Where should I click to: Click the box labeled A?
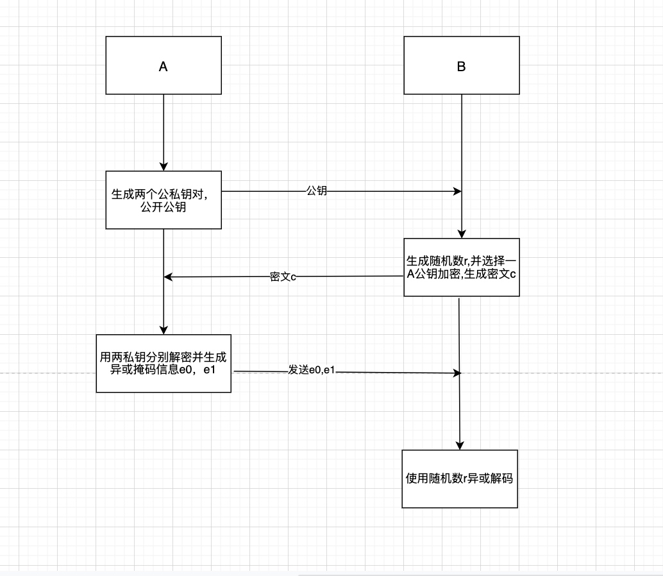click(x=164, y=65)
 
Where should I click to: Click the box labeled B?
click(x=462, y=65)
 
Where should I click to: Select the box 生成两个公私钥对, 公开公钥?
click(x=164, y=199)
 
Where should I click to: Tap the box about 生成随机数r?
click(x=461, y=267)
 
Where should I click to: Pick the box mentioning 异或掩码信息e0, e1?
click(x=164, y=363)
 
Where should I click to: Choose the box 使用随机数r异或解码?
click(x=460, y=479)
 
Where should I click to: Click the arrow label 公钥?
click(x=317, y=191)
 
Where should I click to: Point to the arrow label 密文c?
click(x=283, y=277)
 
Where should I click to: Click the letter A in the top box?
click(x=164, y=66)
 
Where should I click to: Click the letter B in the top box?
click(x=462, y=66)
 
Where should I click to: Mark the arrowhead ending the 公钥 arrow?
click(x=458, y=191)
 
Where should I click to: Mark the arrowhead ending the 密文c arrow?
click(x=168, y=277)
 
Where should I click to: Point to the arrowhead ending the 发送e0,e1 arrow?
click(x=457, y=373)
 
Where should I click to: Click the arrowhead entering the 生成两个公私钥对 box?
click(x=164, y=167)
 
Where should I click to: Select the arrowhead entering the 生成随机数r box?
click(x=462, y=234)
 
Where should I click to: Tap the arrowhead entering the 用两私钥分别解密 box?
click(x=164, y=330)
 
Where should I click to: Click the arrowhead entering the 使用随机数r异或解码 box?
click(x=460, y=446)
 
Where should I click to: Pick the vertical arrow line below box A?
click(x=164, y=131)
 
